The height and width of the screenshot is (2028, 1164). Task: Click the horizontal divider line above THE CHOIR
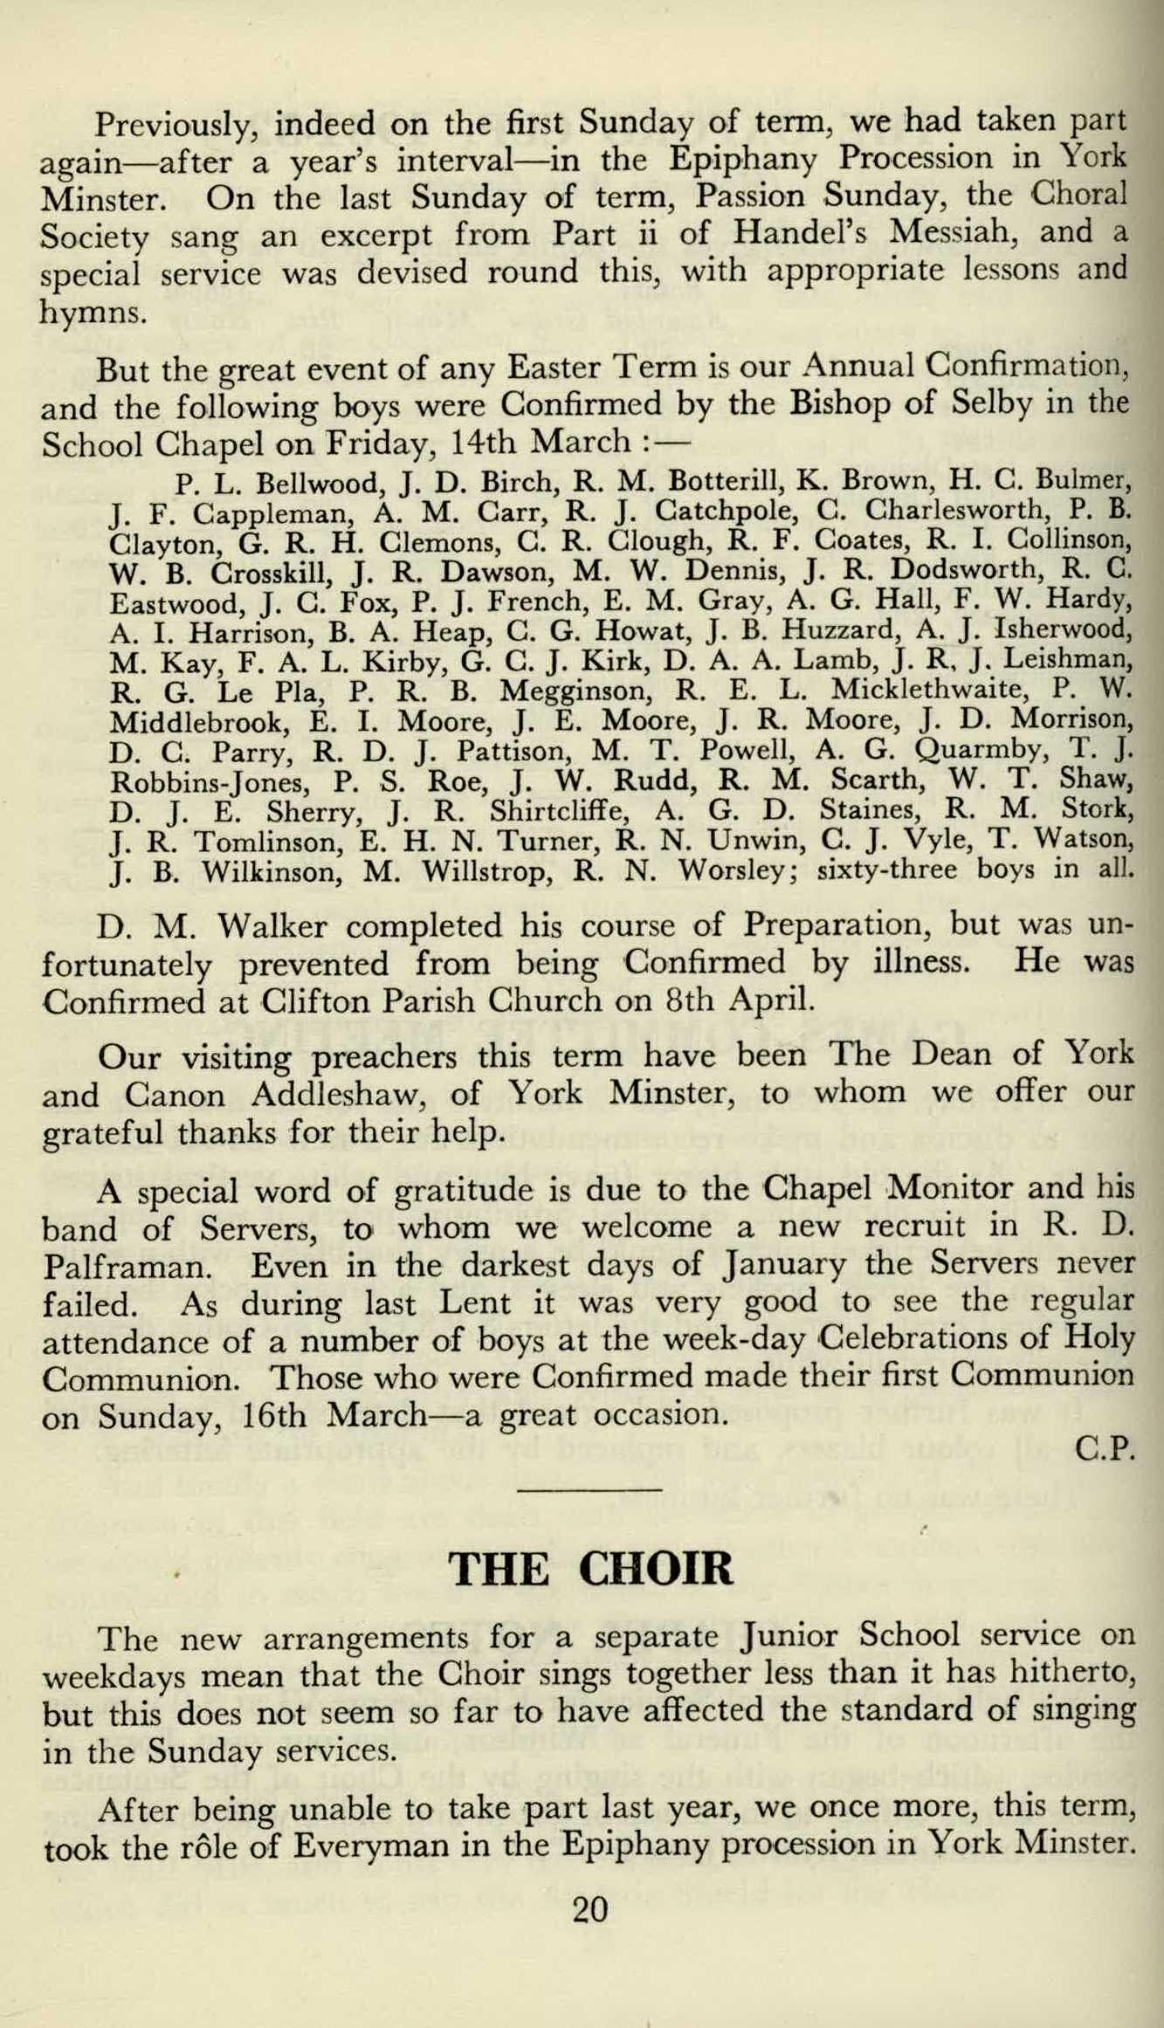[589, 1488]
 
